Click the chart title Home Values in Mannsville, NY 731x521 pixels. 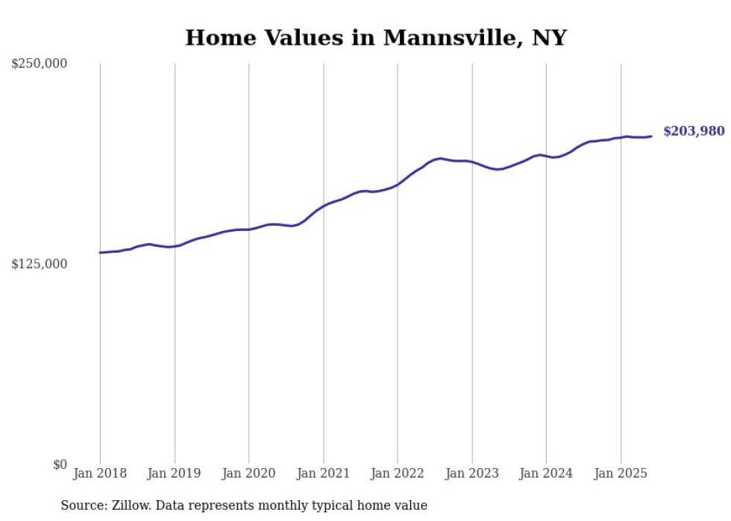point(376,37)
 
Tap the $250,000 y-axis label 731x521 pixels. point(40,64)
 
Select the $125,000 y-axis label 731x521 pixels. point(40,264)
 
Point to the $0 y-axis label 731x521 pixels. point(60,464)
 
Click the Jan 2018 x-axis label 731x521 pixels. point(100,473)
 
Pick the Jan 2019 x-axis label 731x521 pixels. point(175,473)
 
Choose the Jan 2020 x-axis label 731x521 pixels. point(249,473)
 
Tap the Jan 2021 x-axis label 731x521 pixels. point(324,473)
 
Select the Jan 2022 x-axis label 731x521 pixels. point(398,473)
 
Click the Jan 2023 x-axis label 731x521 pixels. point(472,473)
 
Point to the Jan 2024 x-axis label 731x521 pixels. point(547,473)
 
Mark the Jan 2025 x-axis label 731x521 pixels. point(621,473)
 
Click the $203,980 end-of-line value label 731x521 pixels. point(694,132)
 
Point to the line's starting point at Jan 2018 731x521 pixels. point(100,253)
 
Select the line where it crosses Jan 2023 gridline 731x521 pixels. point(472,162)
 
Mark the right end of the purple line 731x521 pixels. point(651,136)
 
